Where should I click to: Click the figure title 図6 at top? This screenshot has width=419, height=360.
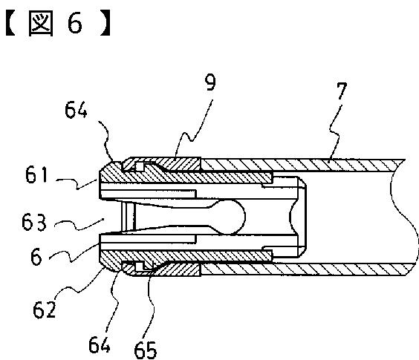pyautogui.click(x=58, y=23)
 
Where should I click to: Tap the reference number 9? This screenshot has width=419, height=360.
pyautogui.click(x=210, y=82)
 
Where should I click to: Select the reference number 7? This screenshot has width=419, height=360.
pyautogui.click(x=340, y=91)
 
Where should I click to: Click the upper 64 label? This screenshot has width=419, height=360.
pyautogui.click(x=76, y=110)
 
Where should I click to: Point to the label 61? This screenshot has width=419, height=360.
pyautogui.click(x=36, y=174)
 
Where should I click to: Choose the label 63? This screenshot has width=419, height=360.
pyautogui.click(x=34, y=223)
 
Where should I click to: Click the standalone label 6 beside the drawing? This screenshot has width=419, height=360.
pyautogui.click(x=36, y=256)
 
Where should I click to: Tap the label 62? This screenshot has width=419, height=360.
pyautogui.click(x=44, y=310)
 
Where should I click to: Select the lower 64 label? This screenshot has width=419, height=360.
pyautogui.click(x=100, y=344)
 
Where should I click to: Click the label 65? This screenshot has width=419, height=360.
pyautogui.click(x=146, y=350)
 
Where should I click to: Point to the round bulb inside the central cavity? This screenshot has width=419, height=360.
pyautogui.click(x=230, y=217)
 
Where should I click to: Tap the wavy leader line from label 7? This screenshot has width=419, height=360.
pyautogui.click(x=335, y=132)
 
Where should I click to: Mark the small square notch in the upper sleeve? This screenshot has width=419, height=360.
pyautogui.click(x=140, y=167)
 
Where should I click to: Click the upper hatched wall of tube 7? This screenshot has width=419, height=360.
pyautogui.click(x=302, y=165)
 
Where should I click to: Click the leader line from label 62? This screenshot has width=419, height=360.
pyautogui.click(x=79, y=287)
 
